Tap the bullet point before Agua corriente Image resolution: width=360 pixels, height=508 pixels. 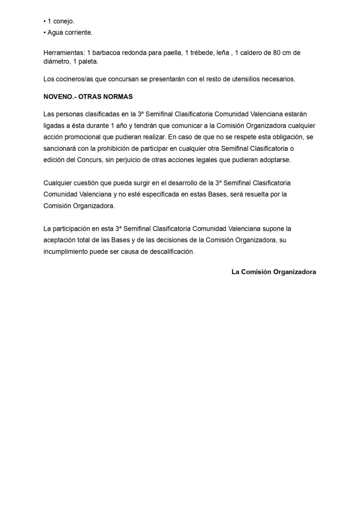coord(45,32)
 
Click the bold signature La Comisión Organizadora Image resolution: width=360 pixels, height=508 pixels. coord(274,272)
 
